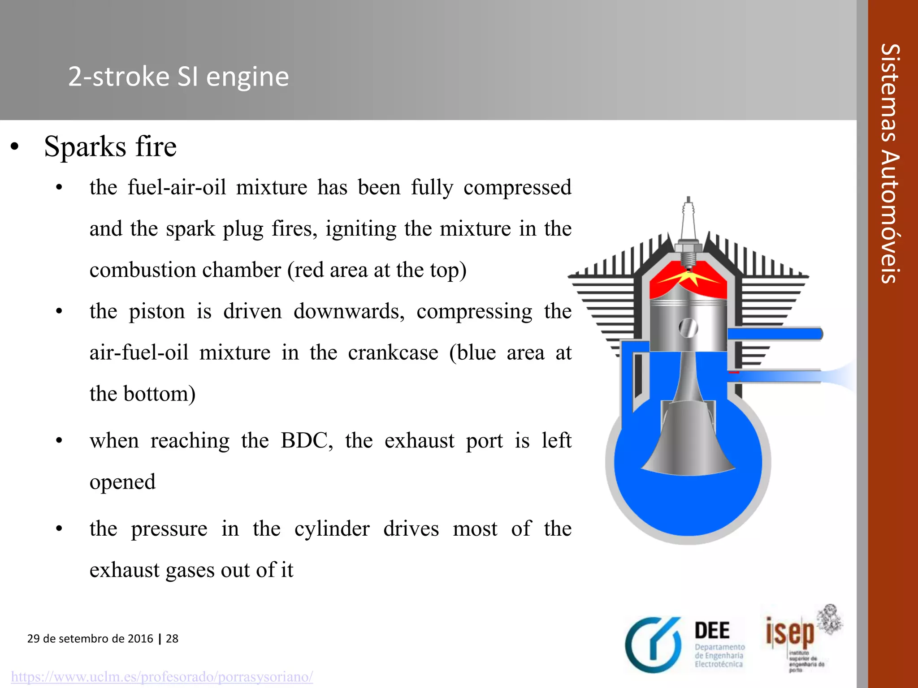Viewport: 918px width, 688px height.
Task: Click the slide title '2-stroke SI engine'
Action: pyautogui.click(x=178, y=77)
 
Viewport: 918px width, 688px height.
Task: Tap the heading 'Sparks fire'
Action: pyautogui.click(x=110, y=146)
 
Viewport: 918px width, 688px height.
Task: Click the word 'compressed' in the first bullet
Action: pyautogui.click(x=517, y=188)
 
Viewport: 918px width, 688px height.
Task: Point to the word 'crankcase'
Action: pyautogui.click(x=393, y=353)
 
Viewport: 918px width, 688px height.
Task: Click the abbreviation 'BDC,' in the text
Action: pyautogui.click(x=307, y=441)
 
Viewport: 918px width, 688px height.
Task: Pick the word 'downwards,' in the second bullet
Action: pyautogui.click(x=349, y=311)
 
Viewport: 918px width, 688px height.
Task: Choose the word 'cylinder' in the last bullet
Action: pyautogui.click(x=332, y=529)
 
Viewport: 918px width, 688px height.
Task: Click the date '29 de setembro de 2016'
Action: pyautogui.click(x=90, y=639)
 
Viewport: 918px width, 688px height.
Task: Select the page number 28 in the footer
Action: pyautogui.click(x=172, y=639)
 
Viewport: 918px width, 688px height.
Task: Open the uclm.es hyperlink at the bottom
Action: pyautogui.click(x=162, y=676)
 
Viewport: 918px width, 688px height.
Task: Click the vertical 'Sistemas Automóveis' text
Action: pyautogui.click(x=890, y=163)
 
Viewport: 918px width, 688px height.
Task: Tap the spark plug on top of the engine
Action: pyautogui.click(x=688, y=233)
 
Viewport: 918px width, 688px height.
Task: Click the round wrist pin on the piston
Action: pyautogui.click(x=688, y=328)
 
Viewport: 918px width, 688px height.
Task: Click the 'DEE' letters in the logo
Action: pyautogui.click(x=712, y=631)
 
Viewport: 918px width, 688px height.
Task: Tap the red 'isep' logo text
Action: pyautogui.click(x=790, y=632)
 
